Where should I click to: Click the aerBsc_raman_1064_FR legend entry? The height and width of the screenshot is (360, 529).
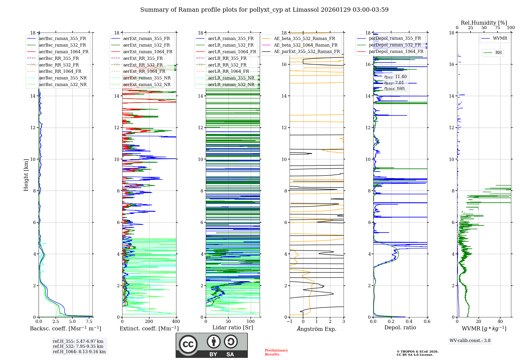click(x=63, y=52)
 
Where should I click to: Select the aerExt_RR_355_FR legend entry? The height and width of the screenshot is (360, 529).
click(x=143, y=58)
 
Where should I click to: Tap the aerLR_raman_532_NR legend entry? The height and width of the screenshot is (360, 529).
click(x=231, y=85)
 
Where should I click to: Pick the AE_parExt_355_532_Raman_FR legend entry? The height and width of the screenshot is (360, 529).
click(x=307, y=52)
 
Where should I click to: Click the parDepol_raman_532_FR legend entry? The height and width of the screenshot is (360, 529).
click(x=395, y=45)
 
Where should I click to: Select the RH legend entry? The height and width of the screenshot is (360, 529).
click(x=498, y=53)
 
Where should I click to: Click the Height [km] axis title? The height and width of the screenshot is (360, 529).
click(x=26, y=175)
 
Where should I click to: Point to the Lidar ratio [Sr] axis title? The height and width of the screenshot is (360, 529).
click(x=233, y=327)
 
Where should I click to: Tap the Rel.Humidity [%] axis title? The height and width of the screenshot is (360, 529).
click(x=484, y=23)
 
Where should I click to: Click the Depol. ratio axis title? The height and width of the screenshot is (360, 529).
click(x=400, y=327)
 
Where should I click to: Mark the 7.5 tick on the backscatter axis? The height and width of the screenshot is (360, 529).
click(x=89, y=322)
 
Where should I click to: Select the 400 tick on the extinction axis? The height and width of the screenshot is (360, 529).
click(x=176, y=322)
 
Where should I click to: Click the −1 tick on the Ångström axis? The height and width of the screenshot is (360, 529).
click(x=290, y=322)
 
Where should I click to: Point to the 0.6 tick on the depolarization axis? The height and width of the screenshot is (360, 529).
click(x=427, y=322)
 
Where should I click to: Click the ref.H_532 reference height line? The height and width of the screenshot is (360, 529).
click(x=78, y=346)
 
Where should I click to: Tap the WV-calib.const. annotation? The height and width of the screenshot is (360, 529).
click(x=470, y=341)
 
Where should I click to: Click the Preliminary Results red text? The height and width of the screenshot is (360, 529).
click(x=276, y=352)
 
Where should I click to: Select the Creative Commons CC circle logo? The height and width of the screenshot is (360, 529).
click(x=188, y=344)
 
